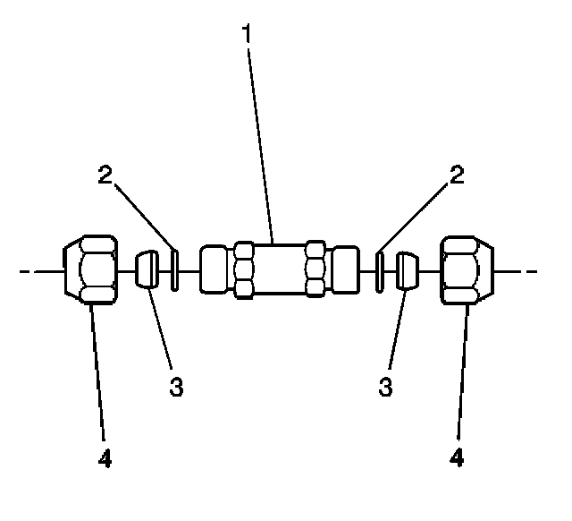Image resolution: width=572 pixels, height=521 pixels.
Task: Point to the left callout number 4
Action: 105,460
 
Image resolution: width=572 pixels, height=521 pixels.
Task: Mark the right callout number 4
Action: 458,460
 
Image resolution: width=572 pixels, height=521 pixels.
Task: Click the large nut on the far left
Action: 90,269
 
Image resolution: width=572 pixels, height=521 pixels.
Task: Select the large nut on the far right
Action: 468,269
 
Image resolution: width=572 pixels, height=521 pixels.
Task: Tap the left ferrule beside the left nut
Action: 148,269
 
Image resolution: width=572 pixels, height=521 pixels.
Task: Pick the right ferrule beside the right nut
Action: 408,269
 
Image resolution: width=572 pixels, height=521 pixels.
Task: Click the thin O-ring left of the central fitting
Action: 175,269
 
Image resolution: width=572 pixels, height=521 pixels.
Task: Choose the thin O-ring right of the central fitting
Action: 381,269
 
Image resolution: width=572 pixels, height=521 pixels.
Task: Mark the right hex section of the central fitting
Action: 315,269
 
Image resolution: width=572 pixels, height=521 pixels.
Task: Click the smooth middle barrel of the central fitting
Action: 279,269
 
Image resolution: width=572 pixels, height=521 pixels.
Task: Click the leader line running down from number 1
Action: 261,143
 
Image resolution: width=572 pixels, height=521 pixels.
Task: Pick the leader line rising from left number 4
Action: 98,376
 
